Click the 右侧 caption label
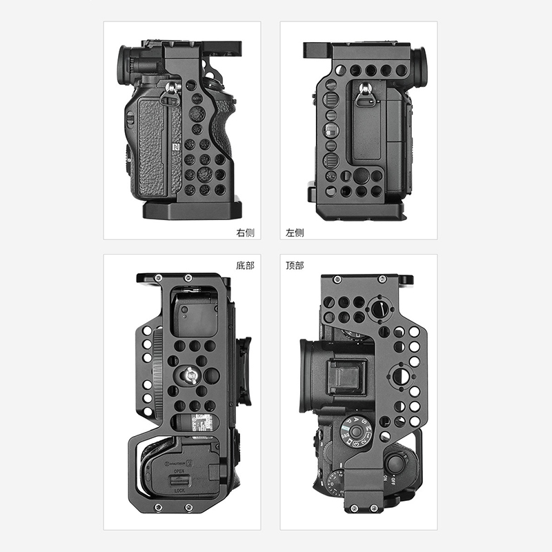click(x=245, y=233)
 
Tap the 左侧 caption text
click(x=295, y=233)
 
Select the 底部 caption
click(x=245, y=265)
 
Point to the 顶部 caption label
click(x=295, y=265)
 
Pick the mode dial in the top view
click(x=357, y=432)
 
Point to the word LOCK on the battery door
click(x=179, y=490)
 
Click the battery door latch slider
click(x=179, y=482)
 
